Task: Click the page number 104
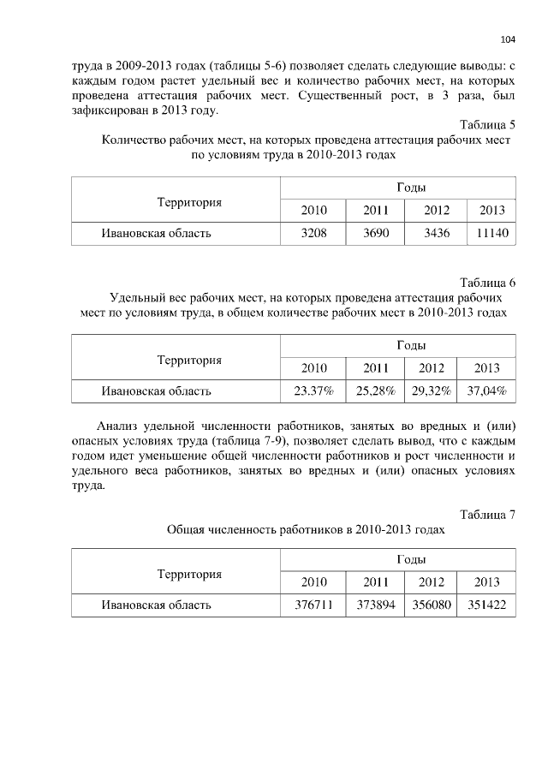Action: [x=508, y=39]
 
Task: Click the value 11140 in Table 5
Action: [x=491, y=233]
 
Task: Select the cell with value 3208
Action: [x=313, y=233]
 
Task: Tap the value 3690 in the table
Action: [x=376, y=233]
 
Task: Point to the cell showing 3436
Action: [x=437, y=233]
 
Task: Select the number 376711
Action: [x=313, y=605]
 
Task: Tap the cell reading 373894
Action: [x=376, y=605]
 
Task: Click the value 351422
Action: [x=486, y=605]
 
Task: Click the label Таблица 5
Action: [x=487, y=124]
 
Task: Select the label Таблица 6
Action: [x=487, y=283]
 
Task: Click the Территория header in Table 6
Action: [x=189, y=361]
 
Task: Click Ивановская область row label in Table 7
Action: [x=156, y=605]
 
